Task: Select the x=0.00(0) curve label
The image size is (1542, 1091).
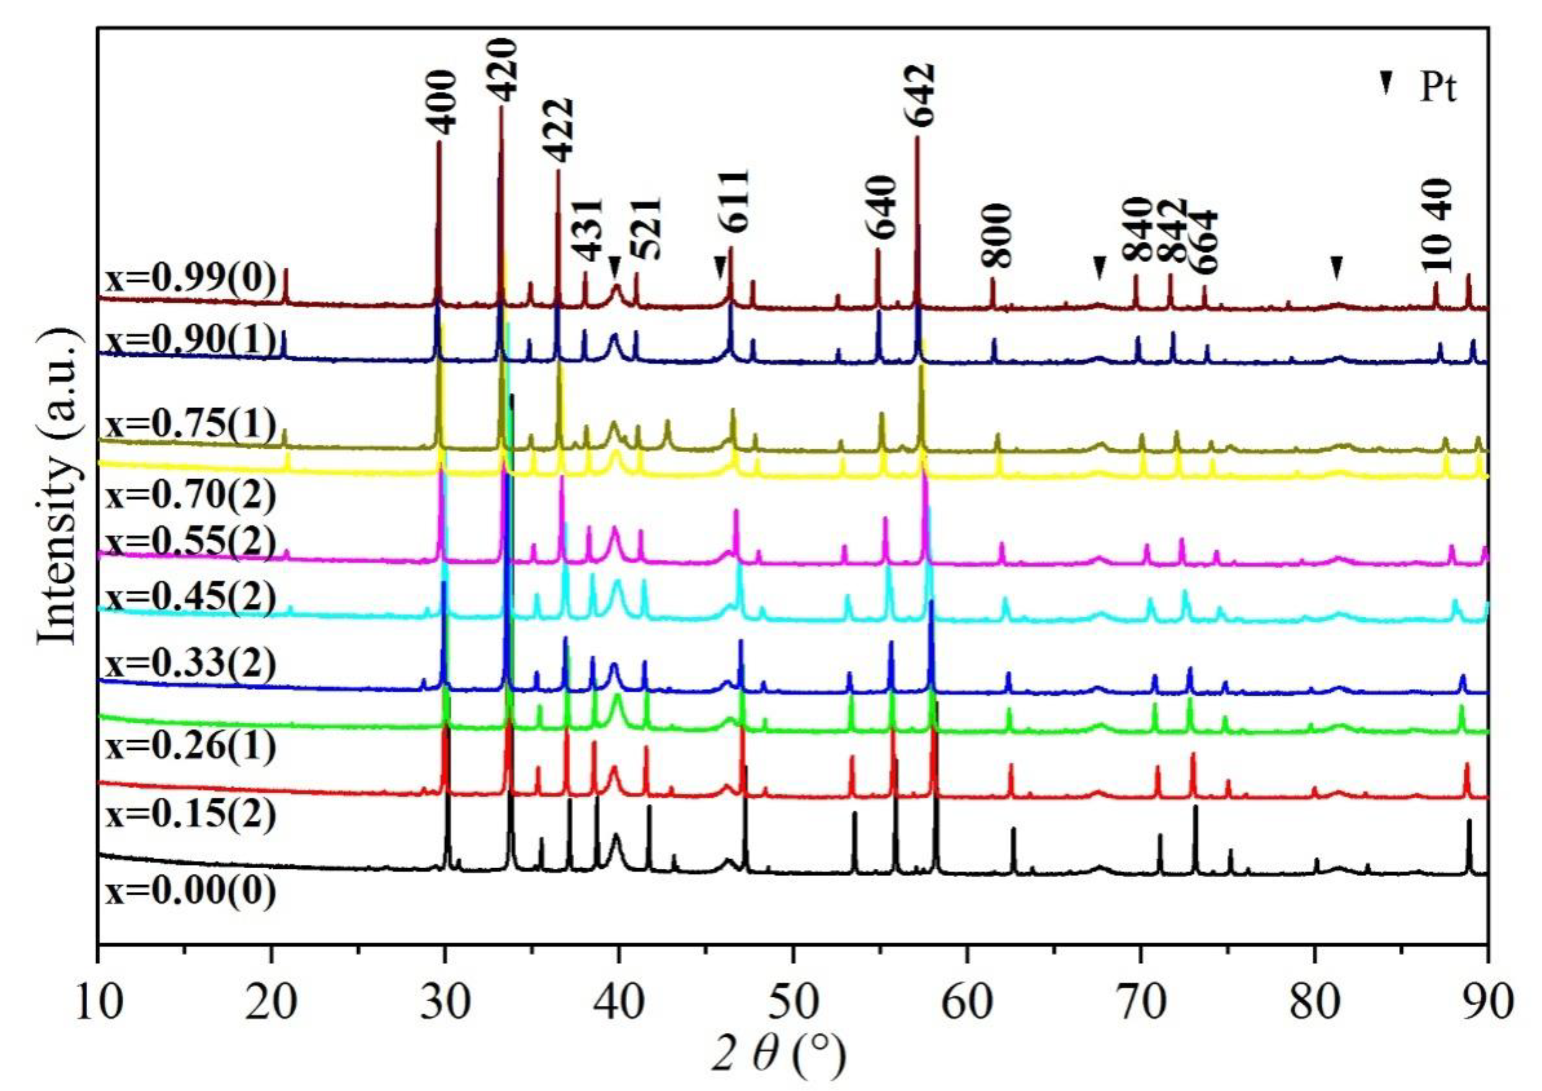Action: (x=190, y=893)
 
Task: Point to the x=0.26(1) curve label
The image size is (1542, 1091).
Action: (x=190, y=748)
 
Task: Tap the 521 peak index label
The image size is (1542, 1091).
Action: (x=648, y=229)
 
